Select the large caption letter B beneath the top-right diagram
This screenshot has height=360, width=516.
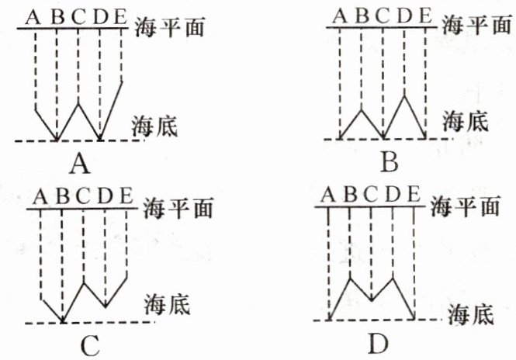click(390, 162)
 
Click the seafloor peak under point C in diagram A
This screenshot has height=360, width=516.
click(79, 100)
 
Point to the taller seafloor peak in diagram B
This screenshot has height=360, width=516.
click(405, 95)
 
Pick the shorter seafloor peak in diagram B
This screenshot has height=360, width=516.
click(362, 109)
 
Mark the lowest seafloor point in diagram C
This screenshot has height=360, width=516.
click(62, 320)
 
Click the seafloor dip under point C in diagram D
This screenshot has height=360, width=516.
click(372, 299)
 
